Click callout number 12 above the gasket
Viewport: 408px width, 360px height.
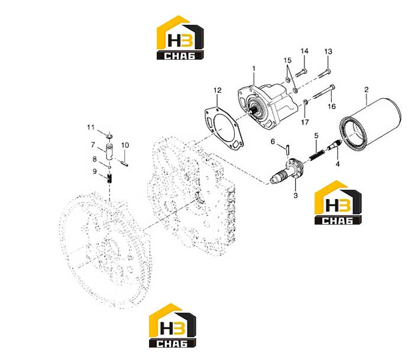coord(218,90)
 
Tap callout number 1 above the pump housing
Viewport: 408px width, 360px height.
coord(254,69)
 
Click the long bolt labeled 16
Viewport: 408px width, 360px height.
coord(323,92)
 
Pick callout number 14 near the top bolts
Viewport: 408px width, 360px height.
coord(305,51)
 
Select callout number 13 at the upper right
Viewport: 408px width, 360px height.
coord(328,51)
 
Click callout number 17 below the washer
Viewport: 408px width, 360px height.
coord(305,122)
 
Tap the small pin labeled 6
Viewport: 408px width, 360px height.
coord(287,150)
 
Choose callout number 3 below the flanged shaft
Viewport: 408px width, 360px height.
coord(296,195)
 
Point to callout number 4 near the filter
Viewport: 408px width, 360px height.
coord(338,164)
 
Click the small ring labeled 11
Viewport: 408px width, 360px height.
coord(109,135)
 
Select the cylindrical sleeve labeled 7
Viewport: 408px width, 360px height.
coord(109,152)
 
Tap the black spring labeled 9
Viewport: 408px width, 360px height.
coord(109,179)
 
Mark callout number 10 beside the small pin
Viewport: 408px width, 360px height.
coord(125,145)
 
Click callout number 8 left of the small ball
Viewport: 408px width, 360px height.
coord(95,158)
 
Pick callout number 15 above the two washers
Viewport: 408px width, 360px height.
coord(287,60)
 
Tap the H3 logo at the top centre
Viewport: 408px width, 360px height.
coord(180,37)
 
